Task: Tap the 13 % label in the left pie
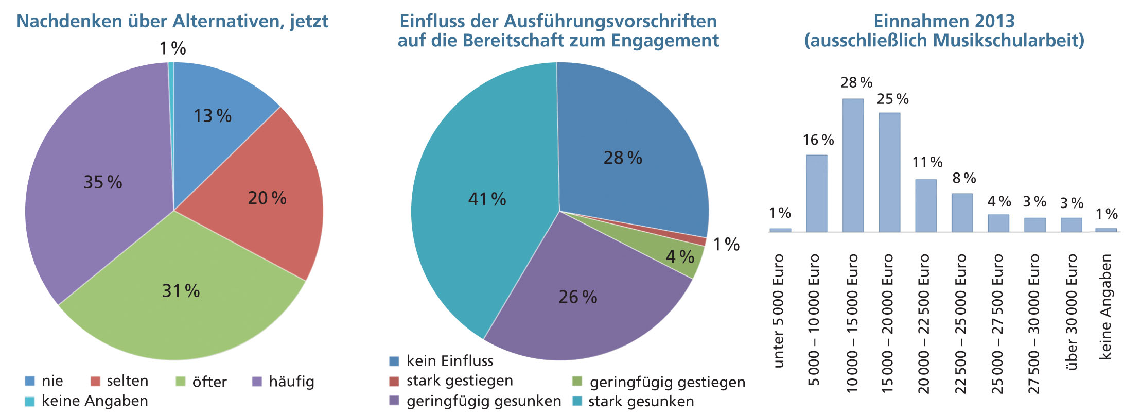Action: [212, 116]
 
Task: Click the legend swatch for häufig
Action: [257, 382]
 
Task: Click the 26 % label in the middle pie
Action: [577, 297]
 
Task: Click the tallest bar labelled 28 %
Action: [853, 165]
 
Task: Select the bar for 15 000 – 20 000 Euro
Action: [889, 173]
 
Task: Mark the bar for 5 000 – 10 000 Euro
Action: [816, 193]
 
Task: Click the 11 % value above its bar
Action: [927, 163]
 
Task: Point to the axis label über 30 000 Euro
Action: [1072, 312]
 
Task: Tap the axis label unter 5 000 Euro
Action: [779, 311]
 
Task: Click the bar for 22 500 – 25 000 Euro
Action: [962, 213]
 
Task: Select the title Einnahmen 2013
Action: [944, 21]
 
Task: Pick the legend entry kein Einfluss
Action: [449, 361]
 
